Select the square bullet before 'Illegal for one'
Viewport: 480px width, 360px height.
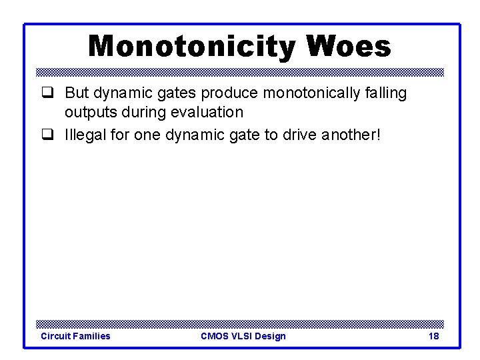[x=47, y=135]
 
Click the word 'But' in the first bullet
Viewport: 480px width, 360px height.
[x=78, y=93]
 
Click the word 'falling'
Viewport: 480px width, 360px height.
[x=385, y=93]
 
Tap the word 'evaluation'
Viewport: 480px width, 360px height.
[x=210, y=113]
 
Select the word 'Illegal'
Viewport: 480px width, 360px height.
[x=85, y=135]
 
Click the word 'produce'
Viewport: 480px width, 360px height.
[x=226, y=93]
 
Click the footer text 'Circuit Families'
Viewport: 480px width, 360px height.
[x=75, y=336]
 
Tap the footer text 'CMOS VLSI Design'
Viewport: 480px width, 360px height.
[x=243, y=336]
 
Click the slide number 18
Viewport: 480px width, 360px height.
[x=433, y=336]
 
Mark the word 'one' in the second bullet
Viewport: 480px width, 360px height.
[x=147, y=135]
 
